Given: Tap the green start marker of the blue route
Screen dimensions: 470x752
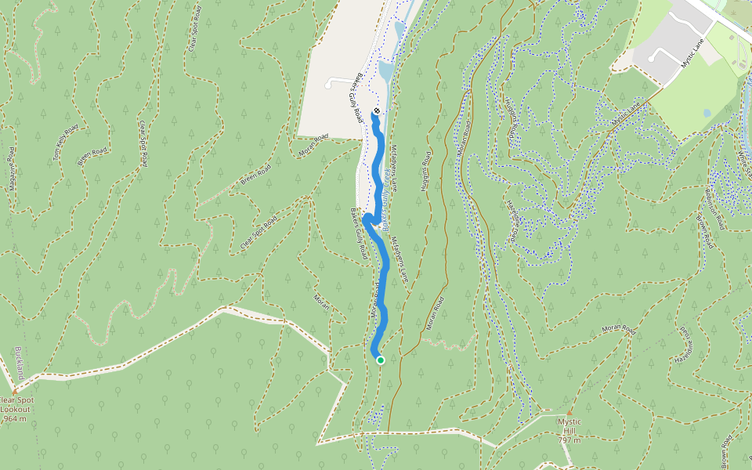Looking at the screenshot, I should tap(380, 360).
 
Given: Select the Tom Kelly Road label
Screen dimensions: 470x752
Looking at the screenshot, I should tap(66, 143).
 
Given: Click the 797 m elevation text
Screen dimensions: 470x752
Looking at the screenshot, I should tap(569, 440).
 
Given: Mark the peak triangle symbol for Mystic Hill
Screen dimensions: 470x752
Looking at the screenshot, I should tap(569, 412).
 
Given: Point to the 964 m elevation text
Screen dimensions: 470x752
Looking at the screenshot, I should tap(15, 419).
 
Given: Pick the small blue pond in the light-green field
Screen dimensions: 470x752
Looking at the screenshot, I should tap(707, 113).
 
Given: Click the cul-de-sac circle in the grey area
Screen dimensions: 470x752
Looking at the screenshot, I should tap(651, 59).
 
